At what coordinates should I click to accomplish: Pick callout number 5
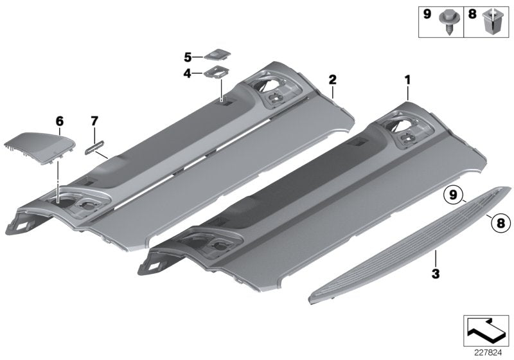pyautogui.click(x=188, y=56)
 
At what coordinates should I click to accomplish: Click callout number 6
pyautogui.click(x=60, y=120)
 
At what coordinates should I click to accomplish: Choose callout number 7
pyautogui.click(x=94, y=120)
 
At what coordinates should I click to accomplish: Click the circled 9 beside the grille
pyautogui.click(x=453, y=194)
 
